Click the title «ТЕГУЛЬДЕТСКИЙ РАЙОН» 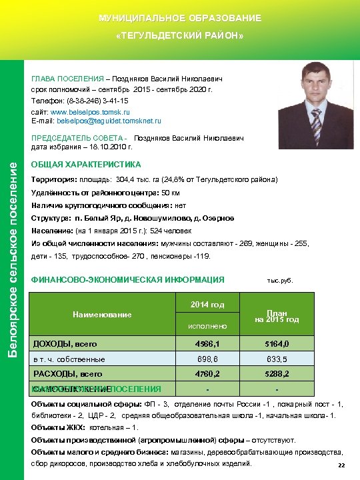point(180,35)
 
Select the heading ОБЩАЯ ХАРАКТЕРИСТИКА point(87,164)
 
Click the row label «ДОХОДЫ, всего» point(65,344)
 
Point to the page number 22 point(342,465)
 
